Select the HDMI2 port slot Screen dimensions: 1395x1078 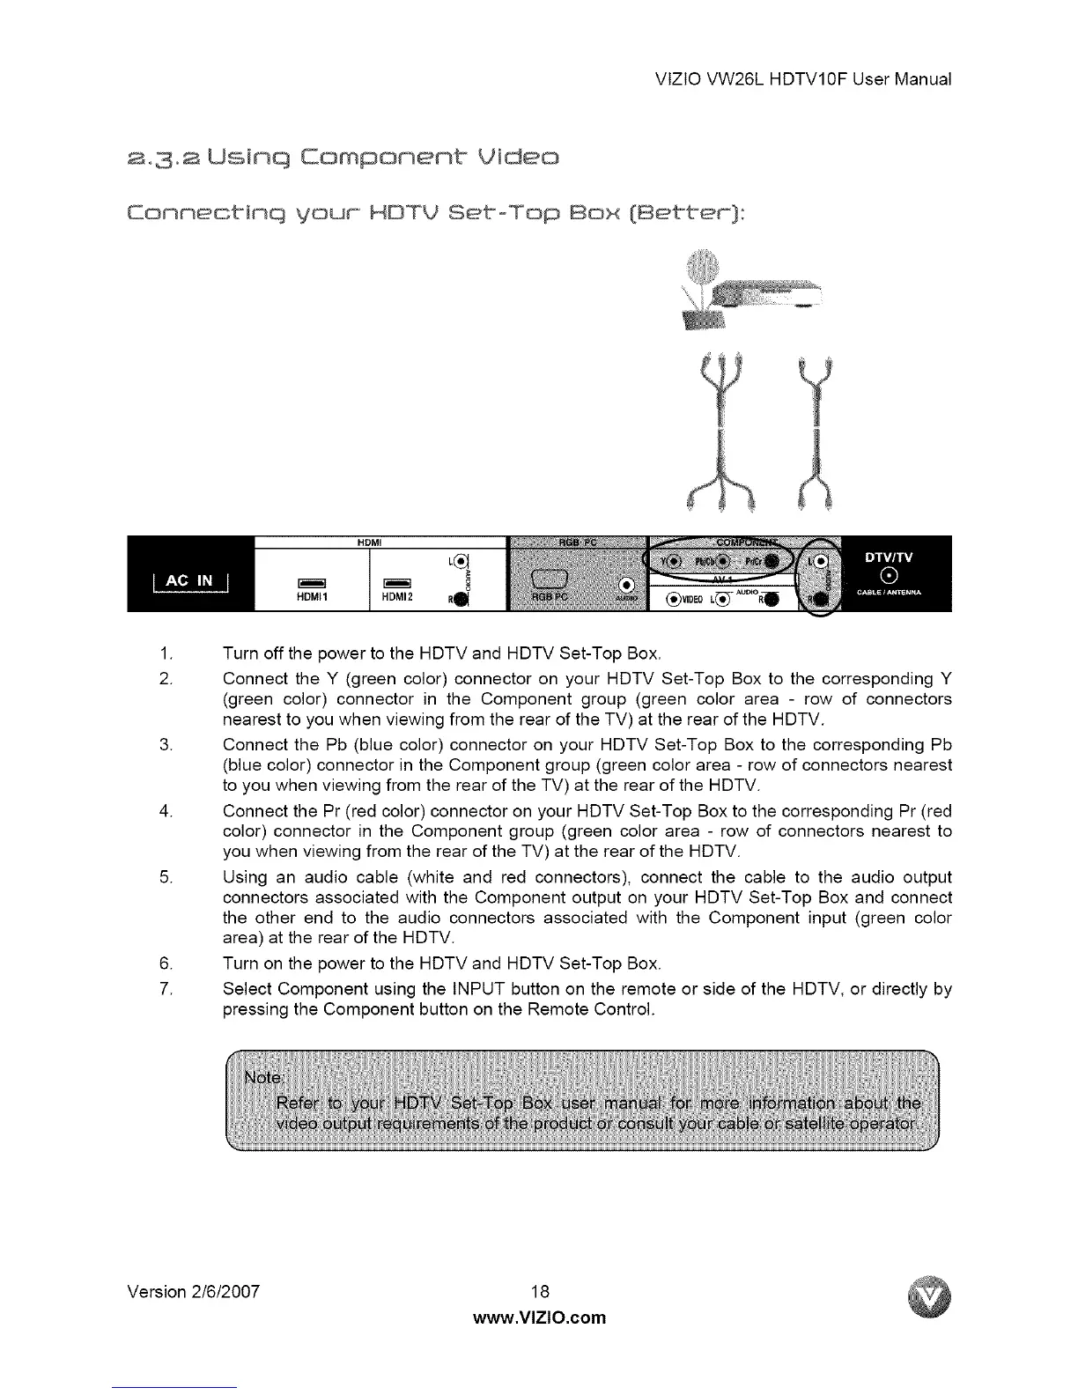pos(392,580)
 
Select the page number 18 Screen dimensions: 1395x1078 pos(540,1292)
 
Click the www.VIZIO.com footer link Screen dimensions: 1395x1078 pos(540,1317)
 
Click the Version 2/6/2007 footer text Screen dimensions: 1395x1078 pos(197,1292)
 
